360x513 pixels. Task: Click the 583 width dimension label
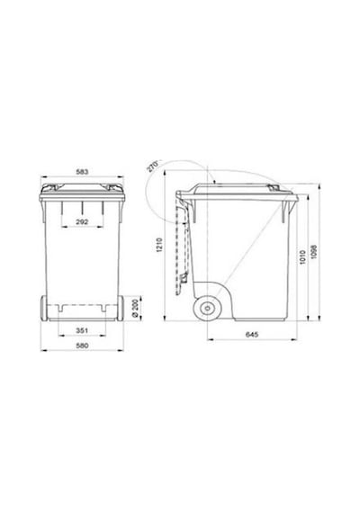[82, 171]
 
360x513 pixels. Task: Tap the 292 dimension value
[82, 221]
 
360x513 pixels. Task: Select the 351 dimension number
[82, 330]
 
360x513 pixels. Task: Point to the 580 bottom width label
[82, 346]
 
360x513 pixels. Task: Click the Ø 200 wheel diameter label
[135, 308]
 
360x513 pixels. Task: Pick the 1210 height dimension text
[159, 245]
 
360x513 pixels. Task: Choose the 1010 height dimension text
[302, 256]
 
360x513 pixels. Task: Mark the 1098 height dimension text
[314, 252]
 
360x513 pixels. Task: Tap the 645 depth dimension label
[252, 335]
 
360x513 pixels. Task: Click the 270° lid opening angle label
[152, 166]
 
